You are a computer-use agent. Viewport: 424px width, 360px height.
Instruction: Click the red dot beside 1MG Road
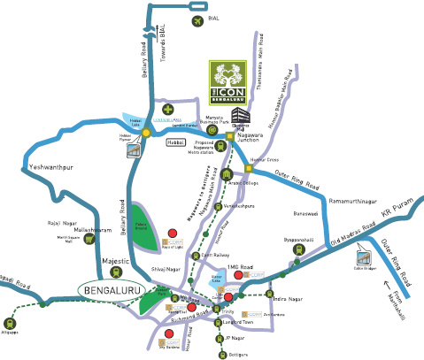(228, 297)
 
